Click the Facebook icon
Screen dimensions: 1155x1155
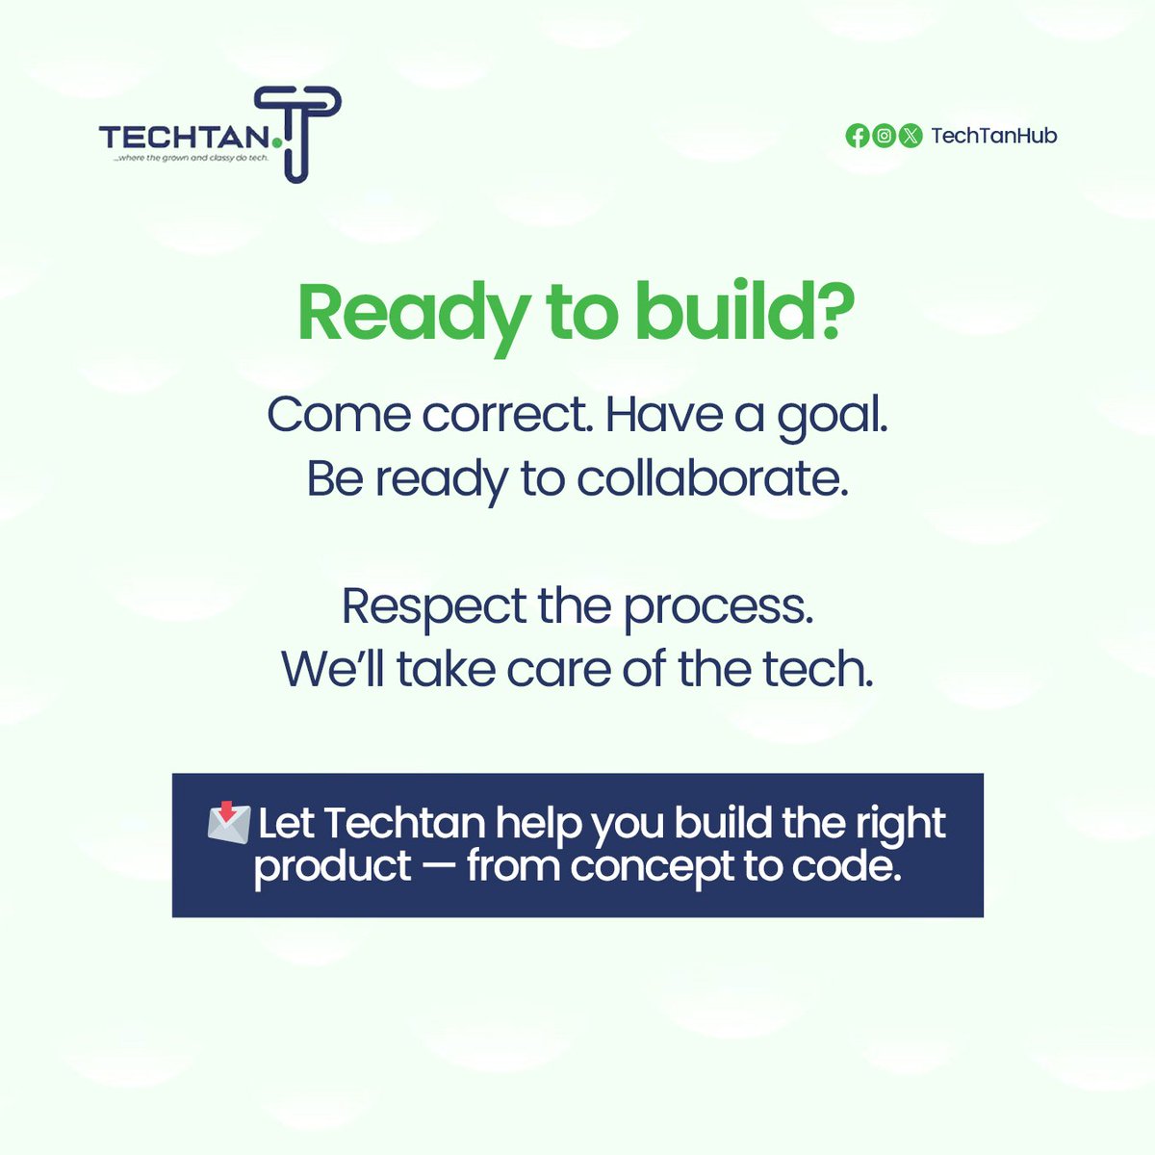(857, 136)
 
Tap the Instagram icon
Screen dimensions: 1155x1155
(884, 136)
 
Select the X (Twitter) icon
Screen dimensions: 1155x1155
(911, 136)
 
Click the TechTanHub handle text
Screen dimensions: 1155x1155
(993, 136)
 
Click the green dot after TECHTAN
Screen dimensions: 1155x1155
(277, 143)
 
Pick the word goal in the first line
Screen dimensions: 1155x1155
(832, 417)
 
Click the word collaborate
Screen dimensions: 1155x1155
(711, 478)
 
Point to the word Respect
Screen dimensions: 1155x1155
(434, 607)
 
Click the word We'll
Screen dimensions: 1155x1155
(333, 670)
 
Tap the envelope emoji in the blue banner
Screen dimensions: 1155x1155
(229, 823)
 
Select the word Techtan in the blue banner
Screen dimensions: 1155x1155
(404, 824)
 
